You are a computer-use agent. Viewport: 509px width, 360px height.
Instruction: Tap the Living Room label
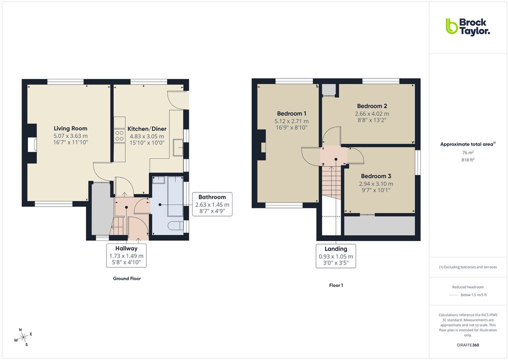[70, 128]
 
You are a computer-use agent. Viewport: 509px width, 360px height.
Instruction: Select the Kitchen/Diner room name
[147, 128]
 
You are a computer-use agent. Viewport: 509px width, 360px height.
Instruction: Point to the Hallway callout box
[126, 255]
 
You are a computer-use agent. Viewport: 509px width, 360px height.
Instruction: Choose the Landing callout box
[335, 256]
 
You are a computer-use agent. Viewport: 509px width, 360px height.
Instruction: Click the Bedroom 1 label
[291, 113]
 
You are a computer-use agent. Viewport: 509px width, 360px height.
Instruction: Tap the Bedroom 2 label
[372, 106]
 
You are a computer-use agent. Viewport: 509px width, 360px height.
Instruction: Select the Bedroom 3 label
[376, 176]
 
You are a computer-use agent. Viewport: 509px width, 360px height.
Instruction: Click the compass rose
[22, 337]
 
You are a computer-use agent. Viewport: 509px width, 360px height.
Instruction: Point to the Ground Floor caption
[126, 278]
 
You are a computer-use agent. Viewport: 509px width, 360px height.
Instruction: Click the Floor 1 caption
[335, 285]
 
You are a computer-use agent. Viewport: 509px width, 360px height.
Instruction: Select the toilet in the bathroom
[175, 226]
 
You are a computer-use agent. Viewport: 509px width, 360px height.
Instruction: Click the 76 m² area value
[467, 153]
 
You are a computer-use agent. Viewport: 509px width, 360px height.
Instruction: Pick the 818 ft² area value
[467, 160]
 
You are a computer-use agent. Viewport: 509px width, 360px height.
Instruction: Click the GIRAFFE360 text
[467, 345]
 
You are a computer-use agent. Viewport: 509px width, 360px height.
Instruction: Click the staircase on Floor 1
[330, 182]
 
